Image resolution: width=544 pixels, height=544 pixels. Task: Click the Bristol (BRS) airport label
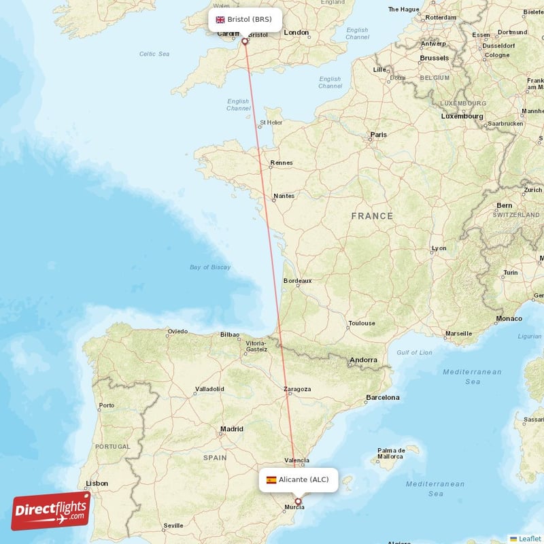tap(244, 19)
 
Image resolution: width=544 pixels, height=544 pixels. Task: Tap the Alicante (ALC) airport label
tap(298, 479)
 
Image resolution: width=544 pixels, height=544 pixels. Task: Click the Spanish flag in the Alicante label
tap(271, 480)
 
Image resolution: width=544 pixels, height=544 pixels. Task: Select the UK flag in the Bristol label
tap(220, 20)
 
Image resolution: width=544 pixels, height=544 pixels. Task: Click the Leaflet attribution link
tap(529, 539)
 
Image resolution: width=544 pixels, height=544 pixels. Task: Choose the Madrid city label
tap(231, 429)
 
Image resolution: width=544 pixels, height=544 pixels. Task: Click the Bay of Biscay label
tap(210, 267)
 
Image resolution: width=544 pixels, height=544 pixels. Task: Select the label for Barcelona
tap(382, 397)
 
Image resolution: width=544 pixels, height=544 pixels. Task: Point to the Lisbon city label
tap(96, 483)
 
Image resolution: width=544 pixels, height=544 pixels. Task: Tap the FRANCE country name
tap(372, 216)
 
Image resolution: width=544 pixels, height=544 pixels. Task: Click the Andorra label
tap(362, 360)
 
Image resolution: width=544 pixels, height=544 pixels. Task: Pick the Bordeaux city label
tap(297, 280)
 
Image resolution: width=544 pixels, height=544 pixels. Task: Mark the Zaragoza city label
tap(297, 389)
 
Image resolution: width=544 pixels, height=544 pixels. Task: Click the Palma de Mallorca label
tap(391, 453)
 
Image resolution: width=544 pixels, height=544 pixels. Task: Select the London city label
tap(296, 32)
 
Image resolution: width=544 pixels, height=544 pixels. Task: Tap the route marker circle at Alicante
tap(297, 502)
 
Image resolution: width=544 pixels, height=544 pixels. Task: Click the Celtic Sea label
tap(154, 54)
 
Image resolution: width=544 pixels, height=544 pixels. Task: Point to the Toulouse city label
tap(361, 323)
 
